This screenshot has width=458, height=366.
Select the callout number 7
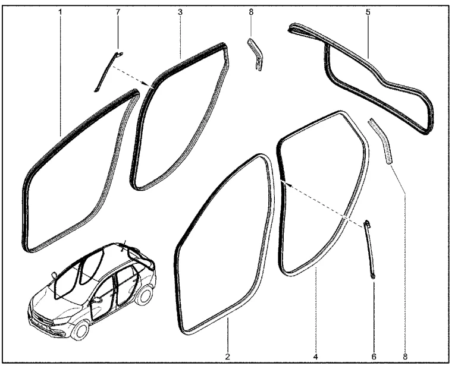coord(118,12)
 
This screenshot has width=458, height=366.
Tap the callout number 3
coord(180,12)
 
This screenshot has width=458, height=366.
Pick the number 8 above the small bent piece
coord(251,12)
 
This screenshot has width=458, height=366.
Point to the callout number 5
coord(368,12)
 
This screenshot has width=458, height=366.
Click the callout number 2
coord(228,356)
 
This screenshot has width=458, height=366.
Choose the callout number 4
coord(315,356)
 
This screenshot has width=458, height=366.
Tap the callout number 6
coord(374,356)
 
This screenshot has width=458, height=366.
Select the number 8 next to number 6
coord(405,356)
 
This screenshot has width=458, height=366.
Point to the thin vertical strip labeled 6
coord(369,250)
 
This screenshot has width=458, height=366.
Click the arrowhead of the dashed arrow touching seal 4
coord(283,182)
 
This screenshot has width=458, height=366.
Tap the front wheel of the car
coord(80,330)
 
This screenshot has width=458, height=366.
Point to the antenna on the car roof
coord(124,244)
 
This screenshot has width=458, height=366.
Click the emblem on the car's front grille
coord(42,321)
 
